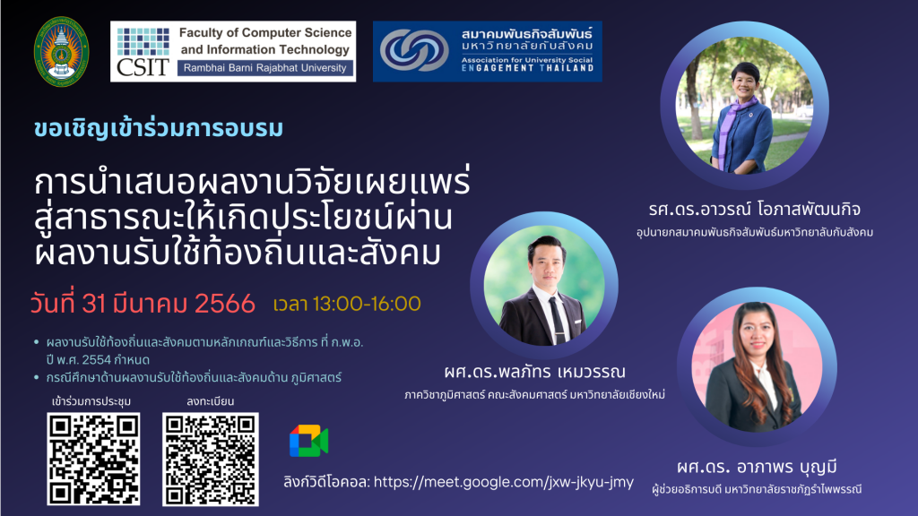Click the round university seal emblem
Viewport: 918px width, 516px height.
pyautogui.click(x=62, y=52)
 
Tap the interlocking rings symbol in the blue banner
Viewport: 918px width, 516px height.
pyautogui.click(x=414, y=50)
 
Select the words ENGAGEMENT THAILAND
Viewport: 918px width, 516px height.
pyautogui.click(x=527, y=68)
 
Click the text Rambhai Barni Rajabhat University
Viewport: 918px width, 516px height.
pyautogui.click(x=264, y=68)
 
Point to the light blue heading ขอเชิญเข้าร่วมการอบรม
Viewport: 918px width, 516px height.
pyautogui.click(x=159, y=129)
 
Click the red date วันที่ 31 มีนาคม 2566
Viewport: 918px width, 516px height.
pyautogui.click(x=143, y=304)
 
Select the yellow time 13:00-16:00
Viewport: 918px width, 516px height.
pyautogui.click(x=367, y=304)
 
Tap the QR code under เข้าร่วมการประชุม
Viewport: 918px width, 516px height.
pyautogui.click(x=93, y=460)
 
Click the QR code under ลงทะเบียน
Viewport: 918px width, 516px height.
pyautogui.click(x=211, y=460)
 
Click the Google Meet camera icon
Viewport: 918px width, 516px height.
pyautogui.click(x=308, y=441)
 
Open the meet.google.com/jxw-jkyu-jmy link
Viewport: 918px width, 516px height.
pyautogui.click(x=504, y=482)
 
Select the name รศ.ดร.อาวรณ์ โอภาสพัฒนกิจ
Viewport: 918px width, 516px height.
pyautogui.click(x=755, y=209)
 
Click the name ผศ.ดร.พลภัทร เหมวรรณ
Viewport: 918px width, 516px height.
pyautogui.click(x=534, y=372)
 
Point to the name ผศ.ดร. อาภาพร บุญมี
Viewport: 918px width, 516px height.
pyautogui.click(x=757, y=467)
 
